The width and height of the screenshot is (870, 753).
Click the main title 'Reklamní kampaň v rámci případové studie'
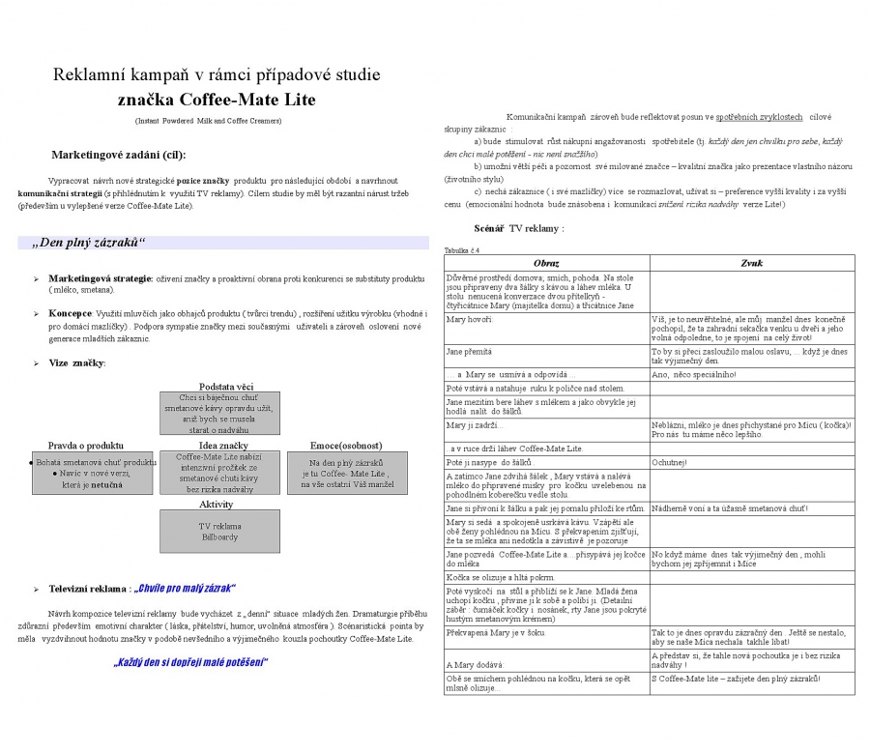pos(217,74)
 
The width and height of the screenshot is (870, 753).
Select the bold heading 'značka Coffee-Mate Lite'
pos(217,100)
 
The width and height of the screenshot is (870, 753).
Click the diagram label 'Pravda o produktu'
pos(86,446)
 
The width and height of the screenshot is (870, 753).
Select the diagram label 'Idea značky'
pos(221,446)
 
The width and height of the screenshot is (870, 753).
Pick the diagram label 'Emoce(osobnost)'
pos(346,446)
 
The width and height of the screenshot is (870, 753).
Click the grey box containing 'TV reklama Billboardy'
pos(220,532)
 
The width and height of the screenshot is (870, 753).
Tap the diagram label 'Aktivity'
pos(217,505)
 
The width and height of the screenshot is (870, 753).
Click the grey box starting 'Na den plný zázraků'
pos(347,473)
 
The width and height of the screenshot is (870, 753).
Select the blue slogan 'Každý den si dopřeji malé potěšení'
pos(189,662)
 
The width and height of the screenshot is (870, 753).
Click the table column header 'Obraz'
pos(546,263)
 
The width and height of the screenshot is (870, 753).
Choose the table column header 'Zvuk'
pos(752,263)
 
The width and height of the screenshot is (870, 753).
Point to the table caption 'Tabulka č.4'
pos(461,250)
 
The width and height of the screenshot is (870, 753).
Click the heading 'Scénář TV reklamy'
pos(518,228)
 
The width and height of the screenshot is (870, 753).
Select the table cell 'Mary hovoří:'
pos(470,319)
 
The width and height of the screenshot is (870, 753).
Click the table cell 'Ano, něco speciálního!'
pos(693,375)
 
